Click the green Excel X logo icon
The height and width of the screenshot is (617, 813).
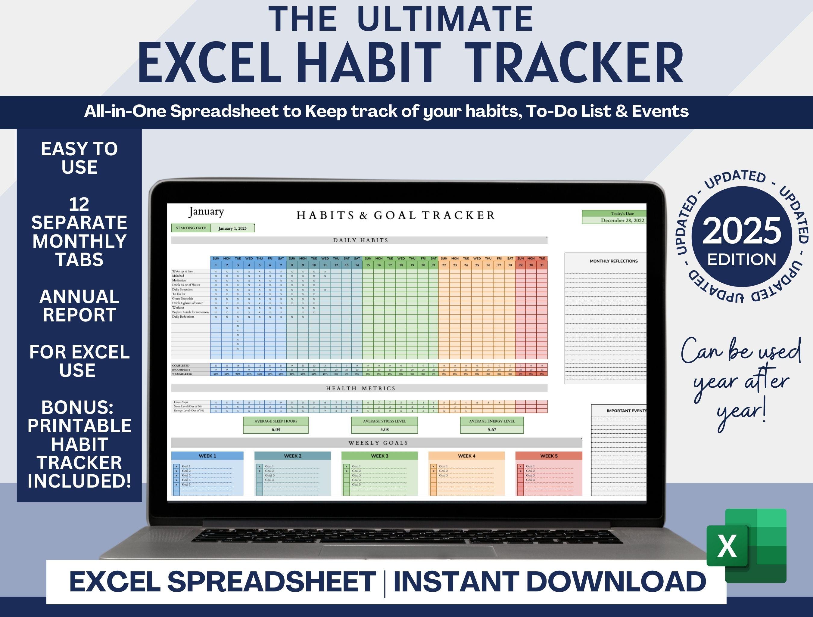pyautogui.click(x=746, y=546)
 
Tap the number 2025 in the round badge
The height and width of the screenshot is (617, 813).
pyautogui.click(x=742, y=231)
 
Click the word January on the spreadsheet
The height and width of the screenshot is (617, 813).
pyautogui.click(x=206, y=212)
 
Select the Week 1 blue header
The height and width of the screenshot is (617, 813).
pyautogui.click(x=207, y=456)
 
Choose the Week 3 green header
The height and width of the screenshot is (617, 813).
pyautogui.click(x=379, y=456)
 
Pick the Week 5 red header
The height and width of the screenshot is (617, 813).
pyautogui.click(x=548, y=456)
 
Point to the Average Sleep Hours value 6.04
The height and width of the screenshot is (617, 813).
pyautogui.click(x=276, y=429)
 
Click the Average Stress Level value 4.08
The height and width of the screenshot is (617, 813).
pyautogui.click(x=385, y=429)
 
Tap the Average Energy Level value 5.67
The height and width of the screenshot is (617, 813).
pyautogui.click(x=492, y=429)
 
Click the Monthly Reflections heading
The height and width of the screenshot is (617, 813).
pyautogui.click(x=613, y=261)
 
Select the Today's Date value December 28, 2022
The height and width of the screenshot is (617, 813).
pyautogui.click(x=622, y=221)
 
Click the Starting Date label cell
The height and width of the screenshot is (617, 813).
pyautogui.click(x=191, y=228)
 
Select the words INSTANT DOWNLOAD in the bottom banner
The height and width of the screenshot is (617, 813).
pyautogui.click(x=550, y=582)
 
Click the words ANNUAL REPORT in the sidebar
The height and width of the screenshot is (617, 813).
pyautogui.click(x=79, y=306)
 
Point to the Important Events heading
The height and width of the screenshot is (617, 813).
pyautogui.click(x=626, y=411)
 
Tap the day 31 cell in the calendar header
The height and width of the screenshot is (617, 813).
pyautogui.click(x=542, y=265)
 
